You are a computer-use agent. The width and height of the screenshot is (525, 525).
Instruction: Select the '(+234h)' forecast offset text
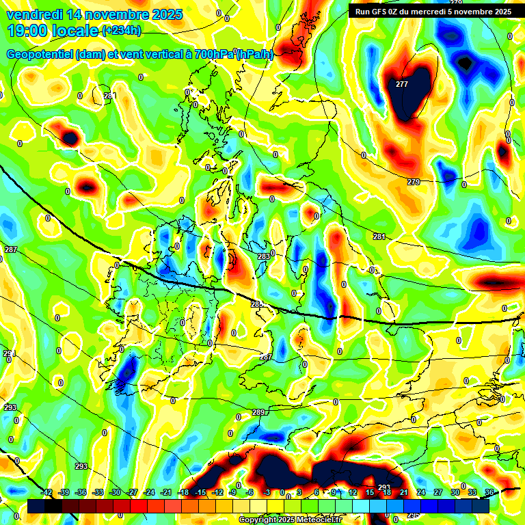tap(121, 30)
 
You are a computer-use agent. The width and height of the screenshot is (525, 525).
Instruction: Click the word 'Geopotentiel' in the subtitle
tap(40, 55)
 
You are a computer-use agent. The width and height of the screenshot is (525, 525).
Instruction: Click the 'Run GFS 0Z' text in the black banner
tap(383, 11)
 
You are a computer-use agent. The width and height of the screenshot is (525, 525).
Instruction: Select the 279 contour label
tap(414, 182)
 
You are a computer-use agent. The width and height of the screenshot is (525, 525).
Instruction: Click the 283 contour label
tap(263, 256)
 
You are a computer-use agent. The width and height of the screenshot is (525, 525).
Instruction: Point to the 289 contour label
tap(258, 412)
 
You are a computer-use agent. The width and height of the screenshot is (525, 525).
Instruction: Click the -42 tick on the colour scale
tap(46, 493)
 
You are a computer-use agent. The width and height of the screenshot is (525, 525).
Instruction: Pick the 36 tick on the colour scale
tap(489, 493)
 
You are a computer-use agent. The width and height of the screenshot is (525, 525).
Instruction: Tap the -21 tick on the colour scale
tap(166, 493)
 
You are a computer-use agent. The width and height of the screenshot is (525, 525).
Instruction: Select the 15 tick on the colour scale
tap(369, 493)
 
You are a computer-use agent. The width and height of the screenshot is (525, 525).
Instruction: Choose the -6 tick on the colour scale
tap(251, 493)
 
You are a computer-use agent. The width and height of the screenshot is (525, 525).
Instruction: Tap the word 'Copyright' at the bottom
tap(258, 520)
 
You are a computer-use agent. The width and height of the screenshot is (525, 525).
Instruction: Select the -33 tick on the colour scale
tap(98, 493)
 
